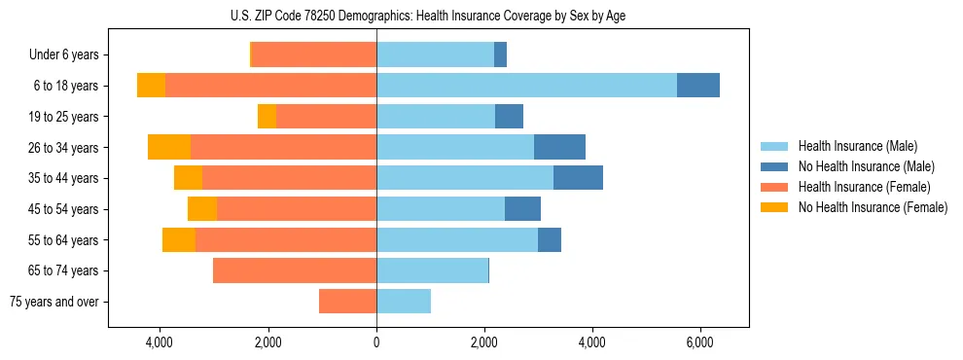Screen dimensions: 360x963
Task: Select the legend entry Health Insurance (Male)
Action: pyautogui.click(x=856, y=146)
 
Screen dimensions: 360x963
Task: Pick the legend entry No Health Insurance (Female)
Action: pyautogui.click(x=873, y=207)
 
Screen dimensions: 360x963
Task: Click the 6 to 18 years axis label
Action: pyautogui.click(x=65, y=86)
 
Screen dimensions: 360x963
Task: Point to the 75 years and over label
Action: pyautogui.click(x=54, y=302)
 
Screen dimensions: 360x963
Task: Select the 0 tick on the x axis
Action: pyautogui.click(x=376, y=342)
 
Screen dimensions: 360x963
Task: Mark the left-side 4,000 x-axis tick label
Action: pyautogui.click(x=160, y=342)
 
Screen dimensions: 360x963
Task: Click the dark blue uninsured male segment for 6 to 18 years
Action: pyautogui.click(x=698, y=86)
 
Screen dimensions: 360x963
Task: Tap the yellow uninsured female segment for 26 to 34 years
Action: pyautogui.click(x=169, y=147)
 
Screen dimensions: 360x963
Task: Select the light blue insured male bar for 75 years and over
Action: pyautogui.click(x=404, y=302)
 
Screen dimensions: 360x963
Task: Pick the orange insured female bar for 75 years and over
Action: pyautogui.click(x=347, y=302)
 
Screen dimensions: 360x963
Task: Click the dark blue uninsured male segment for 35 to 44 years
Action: pyautogui.click(x=578, y=178)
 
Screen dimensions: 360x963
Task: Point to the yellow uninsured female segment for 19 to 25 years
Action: pyautogui.click(x=267, y=117)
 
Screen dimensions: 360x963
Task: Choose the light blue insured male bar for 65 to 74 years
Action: pyautogui.click(x=432, y=270)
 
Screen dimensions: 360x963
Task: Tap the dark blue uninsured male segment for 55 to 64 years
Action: pyautogui.click(x=550, y=239)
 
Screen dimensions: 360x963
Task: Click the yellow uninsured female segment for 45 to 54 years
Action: pyautogui.click(x=202, y=209)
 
